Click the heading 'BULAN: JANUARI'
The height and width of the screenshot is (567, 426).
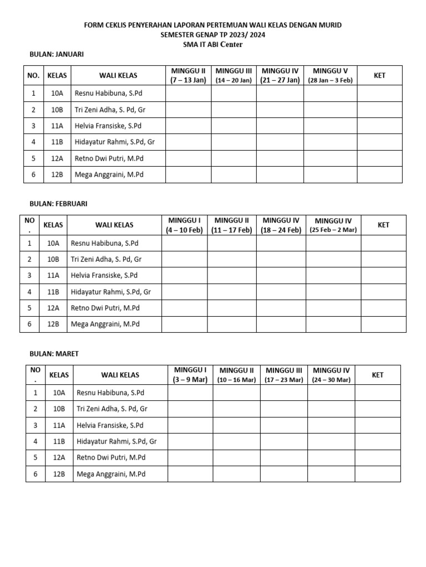(56, 54)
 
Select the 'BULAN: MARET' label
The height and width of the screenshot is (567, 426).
(54, 354)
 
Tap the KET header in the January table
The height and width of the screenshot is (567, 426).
(379, 75)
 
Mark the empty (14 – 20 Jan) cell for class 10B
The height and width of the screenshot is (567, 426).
(234, 110)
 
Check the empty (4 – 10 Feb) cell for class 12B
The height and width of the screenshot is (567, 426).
(185, 324)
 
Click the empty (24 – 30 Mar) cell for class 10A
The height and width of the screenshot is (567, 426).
(331, 393)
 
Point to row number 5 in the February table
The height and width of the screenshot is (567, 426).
(29, 308)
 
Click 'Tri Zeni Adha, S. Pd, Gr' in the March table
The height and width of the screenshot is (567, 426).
(112, 409)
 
